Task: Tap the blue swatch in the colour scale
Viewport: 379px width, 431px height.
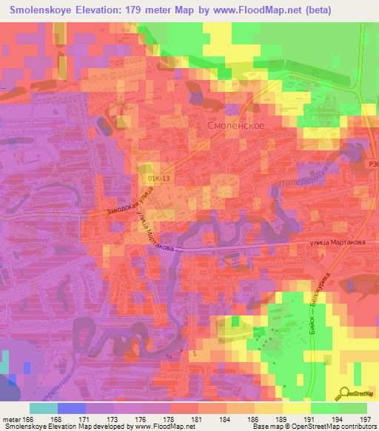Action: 71,408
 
